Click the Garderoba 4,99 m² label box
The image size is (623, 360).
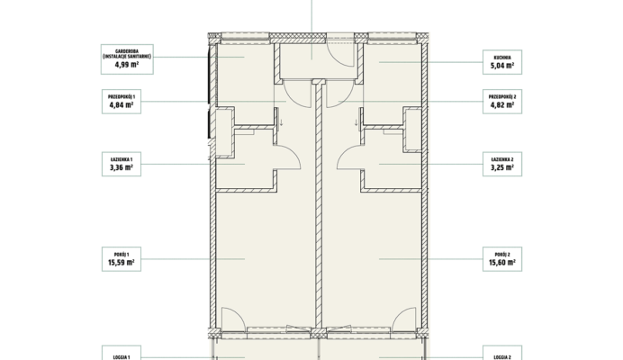127,59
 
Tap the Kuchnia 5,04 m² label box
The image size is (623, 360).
502,62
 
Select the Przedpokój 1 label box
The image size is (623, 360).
122,102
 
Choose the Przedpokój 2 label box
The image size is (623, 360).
502,102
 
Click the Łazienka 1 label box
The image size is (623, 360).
122,164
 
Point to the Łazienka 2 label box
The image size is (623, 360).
502,164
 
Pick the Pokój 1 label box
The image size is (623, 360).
122,259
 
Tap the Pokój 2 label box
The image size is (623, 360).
502,259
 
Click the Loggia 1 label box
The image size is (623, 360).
122,353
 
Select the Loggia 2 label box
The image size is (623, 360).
502,353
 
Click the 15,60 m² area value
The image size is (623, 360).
502,263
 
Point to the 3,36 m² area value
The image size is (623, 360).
122,167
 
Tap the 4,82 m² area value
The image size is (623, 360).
502,105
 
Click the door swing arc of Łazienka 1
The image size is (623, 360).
294,153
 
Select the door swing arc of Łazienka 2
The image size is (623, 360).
343,153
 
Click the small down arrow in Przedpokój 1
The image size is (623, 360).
281,122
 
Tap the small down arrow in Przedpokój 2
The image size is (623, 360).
356,122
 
